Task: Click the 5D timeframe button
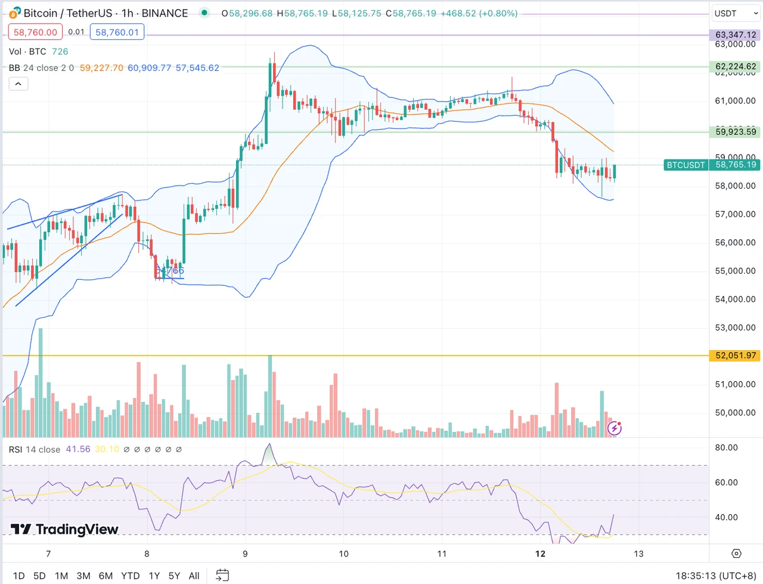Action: pyautogui.click(x=39, y=576)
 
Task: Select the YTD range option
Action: pyautogui.click(x=130, y=576)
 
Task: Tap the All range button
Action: pyautogui.click(x=194, y=576)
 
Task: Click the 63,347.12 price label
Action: pyautogui.click(x=736, y=35)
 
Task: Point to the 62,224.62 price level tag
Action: pyautogui.click(x=736, y=67)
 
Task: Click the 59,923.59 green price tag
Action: pyautogui.click(x=736, y=132)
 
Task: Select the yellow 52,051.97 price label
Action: pyautogui.click(x=736, y=356)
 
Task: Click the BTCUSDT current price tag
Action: pyautogui.click(x=686, y=165)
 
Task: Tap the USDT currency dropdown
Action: pyautogui.click(x=736, y=13)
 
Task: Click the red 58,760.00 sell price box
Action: pyautogui.click(x=35, y=32)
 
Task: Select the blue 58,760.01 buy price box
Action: pyautogui.click(x=117, y=32)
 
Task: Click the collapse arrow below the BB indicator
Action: pyautogui.click(x=18, y=84)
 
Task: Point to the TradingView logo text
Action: pyautogui.click(x=65, y=529)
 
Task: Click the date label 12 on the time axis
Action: pyautogui.click(x=540, y=554)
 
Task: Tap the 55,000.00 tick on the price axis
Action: pyautogui.click(x=735, y=271)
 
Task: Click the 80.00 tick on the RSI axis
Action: pyautogui.click(x=726, y=447)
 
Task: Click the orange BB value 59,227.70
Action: pyautogui.click(x=101, y=68)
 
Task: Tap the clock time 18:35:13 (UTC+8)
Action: pyautogui.click(x=716, y=576)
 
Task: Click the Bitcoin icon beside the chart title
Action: pyautogui.click(x=15, y=13)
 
